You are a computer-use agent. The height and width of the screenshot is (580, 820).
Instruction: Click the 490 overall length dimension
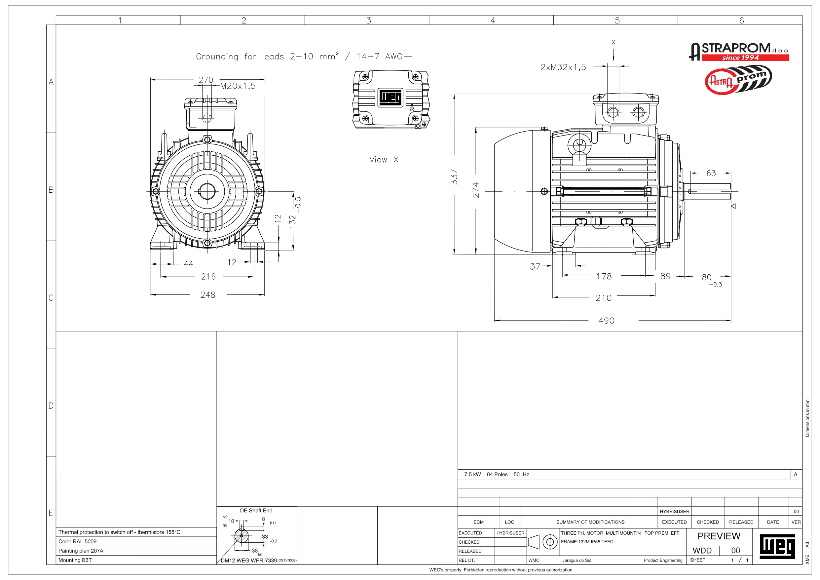(607, 321)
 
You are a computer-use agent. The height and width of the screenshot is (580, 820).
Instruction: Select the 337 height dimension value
(454, 177)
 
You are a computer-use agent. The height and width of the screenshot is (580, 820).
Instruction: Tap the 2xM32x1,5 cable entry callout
(563, 67)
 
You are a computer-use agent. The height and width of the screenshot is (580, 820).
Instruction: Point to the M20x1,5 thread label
(238, 86)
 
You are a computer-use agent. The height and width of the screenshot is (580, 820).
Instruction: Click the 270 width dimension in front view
(206, 80)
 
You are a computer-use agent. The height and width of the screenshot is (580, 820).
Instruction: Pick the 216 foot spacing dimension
(208, 277)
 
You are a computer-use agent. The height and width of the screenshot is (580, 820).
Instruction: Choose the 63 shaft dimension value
(711, 173)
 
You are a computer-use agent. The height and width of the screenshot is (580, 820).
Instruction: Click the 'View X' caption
(384, 160)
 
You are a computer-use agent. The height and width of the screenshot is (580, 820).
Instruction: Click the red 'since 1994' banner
(745, 58)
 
